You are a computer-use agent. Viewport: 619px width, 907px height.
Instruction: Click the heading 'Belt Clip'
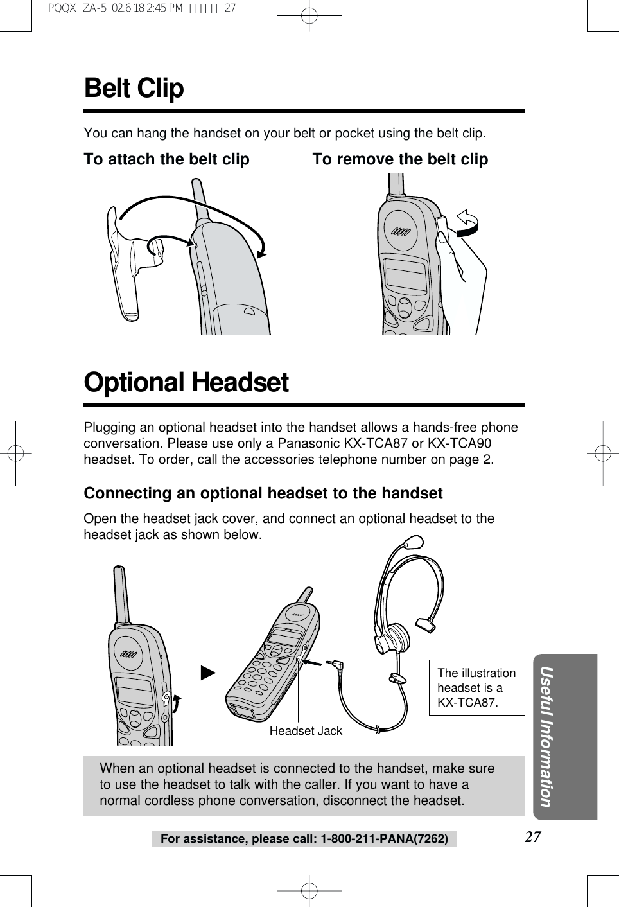pyautogui.click(x=134, y=89)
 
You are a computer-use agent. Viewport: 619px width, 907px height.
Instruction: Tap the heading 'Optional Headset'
pyautogui.click(x=186, y=383)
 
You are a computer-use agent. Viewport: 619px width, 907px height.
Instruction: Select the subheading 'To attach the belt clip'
pyautogui.click(x=166, y=159)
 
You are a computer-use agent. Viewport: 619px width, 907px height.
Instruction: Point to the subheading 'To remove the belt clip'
pyautogui.click(x=400, y=159)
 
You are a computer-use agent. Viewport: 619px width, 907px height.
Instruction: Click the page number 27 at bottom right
pyautogui.click(x=532, y=836)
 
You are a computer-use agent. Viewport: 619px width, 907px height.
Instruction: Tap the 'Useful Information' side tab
pyautogui.click(x=546, y=736)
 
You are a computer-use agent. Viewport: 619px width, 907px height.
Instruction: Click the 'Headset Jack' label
pyautogui.click(x=306, y=731)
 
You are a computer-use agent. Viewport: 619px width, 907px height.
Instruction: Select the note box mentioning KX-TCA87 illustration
pyautogui.click(x=476, y=687)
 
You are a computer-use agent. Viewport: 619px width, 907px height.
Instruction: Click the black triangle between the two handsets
pyautogui.click(x=207, y=673)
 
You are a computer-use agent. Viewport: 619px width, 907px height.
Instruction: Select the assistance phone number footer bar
pyautogui.click(x=304, y=839)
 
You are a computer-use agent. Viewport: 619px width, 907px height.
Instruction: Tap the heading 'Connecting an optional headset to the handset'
pyautogui.click(x=263, y=493)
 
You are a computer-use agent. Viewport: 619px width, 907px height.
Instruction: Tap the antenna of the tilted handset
pyautogui.click(x=305, y=595)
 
